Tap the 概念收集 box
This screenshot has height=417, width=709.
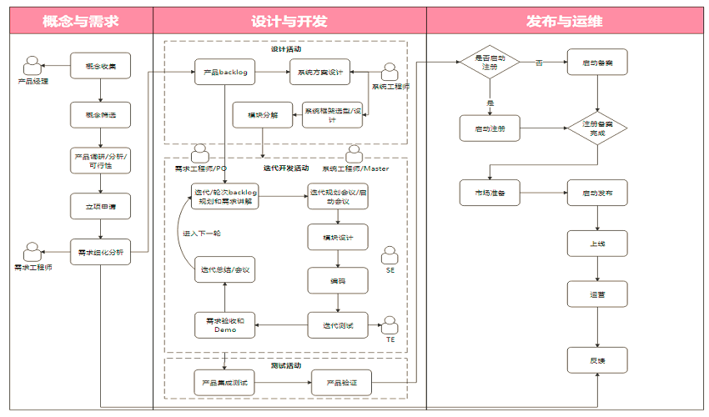coord(101,66)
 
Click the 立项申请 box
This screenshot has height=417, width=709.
coord(101,206)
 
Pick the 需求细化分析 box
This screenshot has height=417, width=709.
coord(101,251)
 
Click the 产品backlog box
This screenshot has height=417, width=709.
coord(224,73)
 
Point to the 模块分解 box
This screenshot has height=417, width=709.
coord(263,115)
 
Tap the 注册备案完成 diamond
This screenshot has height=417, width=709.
coord(597,128)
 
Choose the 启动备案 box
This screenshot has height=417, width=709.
coord(597,63)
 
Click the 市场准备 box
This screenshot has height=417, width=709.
coord(490,193)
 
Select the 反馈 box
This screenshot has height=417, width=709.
coord(597,359)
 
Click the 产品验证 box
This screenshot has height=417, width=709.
coord(340,382)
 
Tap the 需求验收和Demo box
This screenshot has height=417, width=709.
coord(225,324)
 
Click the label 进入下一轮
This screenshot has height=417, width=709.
coord(203,234)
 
